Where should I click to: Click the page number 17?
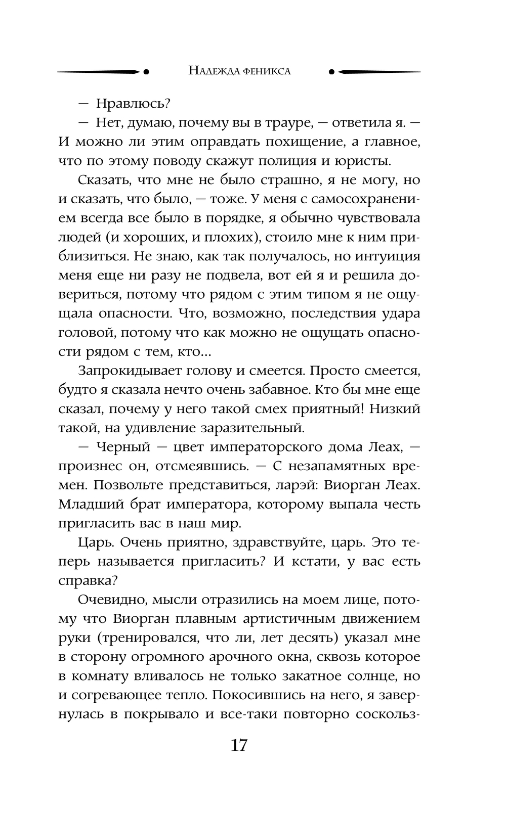pos(239,745)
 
